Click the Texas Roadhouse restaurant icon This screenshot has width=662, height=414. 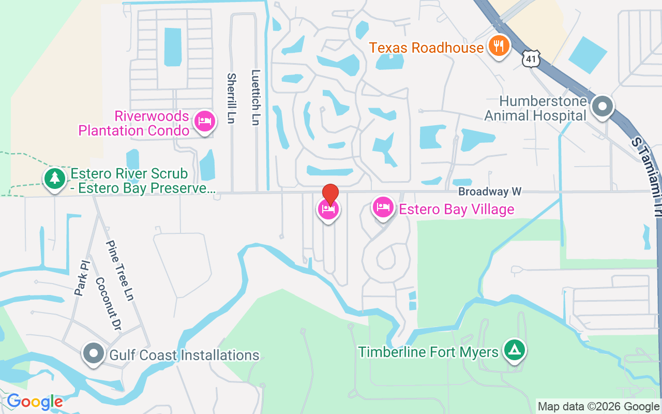pyautogui.click(x=499, y=47)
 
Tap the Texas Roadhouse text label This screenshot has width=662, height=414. pyautogui.click(x=426, y=48)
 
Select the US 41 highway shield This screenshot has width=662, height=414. pyautogui.click(x=531, y=58)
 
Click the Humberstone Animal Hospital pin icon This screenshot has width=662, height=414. pyautogui.click(x=602, y=107)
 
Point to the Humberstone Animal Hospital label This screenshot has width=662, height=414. pyautogui.click(x=535, y=108)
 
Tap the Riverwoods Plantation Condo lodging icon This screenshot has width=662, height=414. pyautogui.click(x=205, y=122)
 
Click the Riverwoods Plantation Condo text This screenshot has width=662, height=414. pyautogui.click(x=134, y=123)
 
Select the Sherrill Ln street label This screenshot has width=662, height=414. pyautogui.click(x=231, y=98)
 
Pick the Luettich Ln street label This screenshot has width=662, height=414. pyautogui.click(x=255, y=97)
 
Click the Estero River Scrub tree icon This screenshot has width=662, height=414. pyautogui.click(x=54, y=179)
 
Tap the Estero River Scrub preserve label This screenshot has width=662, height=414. pyautogui.click(x=142, y=181)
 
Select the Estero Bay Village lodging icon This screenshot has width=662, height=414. pyautogui.click(x=383, y=208)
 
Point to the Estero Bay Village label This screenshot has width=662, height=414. pyautogui.click(x=457, y=209)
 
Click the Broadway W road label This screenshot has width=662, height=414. pyautogui.click(x=489, y=192)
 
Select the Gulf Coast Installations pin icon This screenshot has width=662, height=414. pyautogui.click(x=94, y=354)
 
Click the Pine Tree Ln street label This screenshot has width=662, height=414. pyautogui.click(x=120, y=270)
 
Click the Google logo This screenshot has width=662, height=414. pyautogui.click(x=35, y=401)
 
